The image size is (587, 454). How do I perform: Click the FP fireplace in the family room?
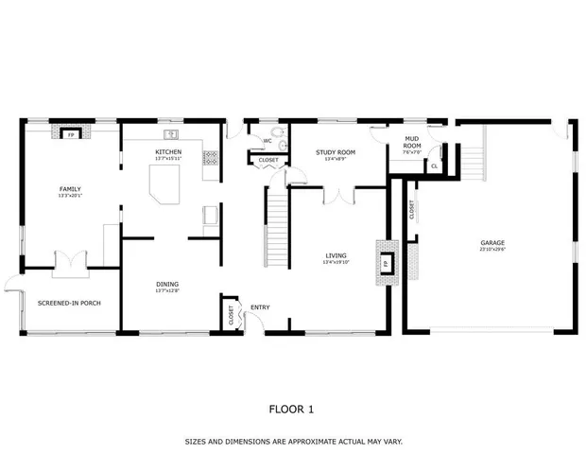(70, 134)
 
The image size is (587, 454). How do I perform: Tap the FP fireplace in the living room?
(387, 262)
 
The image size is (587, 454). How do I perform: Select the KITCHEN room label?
(168, 152)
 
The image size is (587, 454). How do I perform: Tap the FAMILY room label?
(70, 189)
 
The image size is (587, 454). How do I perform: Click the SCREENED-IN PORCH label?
(69, 303)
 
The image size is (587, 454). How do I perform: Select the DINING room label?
(167, 284)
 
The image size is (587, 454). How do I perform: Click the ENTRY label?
(260, 306)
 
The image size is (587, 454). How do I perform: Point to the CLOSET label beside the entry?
(232, 315)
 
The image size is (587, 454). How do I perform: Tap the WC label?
(268, 141)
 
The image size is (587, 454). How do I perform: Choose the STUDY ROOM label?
(335, 151)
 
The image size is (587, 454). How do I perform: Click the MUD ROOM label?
(412, 143)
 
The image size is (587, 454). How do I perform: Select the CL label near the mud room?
(434, 166)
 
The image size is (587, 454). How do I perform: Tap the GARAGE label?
(492, 243)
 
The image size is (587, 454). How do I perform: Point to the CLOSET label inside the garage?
(412, 210)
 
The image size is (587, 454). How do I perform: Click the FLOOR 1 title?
(292, 410)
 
